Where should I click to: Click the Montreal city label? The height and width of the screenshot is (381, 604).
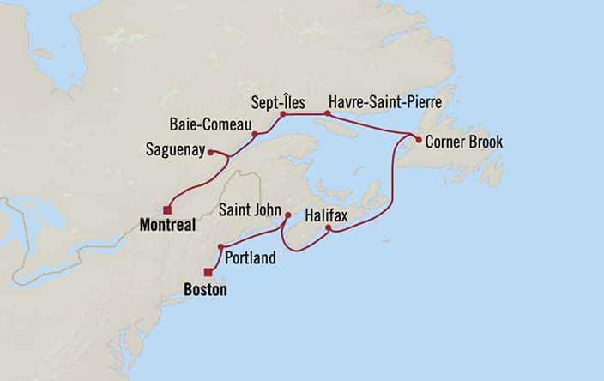pos(165,225)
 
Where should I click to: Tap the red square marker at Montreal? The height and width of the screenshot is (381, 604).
pos(167,209)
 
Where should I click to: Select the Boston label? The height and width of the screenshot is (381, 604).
pos(206,290)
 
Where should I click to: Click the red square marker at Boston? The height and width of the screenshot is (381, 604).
pos(208,272)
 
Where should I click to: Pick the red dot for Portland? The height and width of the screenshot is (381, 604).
pos(221,247)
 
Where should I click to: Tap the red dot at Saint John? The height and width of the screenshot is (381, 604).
pos(287,215)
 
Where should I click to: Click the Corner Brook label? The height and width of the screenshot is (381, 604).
pos(464,142)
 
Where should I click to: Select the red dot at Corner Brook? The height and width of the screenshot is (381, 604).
pos(418,139)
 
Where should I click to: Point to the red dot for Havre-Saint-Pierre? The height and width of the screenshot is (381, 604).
pos(327,113)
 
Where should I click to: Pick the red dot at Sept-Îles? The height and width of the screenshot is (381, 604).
pos(282,113)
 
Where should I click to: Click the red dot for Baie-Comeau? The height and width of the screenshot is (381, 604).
pos(255,134)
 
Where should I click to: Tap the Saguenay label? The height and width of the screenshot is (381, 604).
pos(175,150)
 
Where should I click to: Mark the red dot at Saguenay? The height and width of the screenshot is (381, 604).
pos(210,153)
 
